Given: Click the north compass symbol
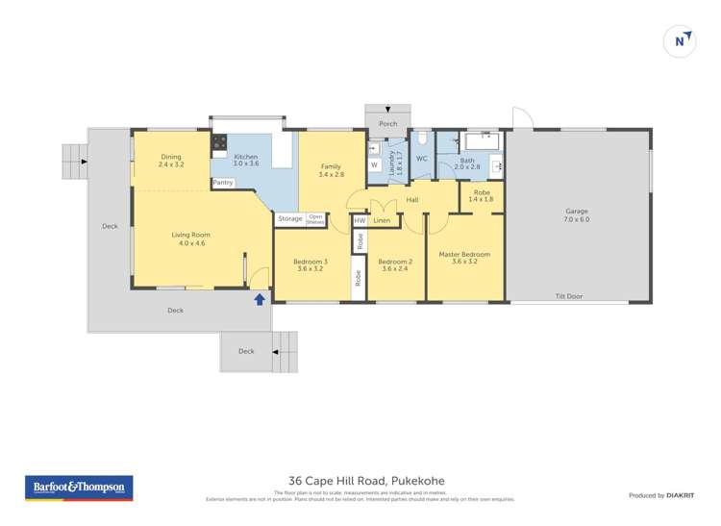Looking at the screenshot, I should click(681, 40).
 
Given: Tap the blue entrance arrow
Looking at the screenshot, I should click(259, 299).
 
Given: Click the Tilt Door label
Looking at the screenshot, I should click(568, 296).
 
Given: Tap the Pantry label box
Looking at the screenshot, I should click(223, 183).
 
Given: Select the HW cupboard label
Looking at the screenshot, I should click(360, 220).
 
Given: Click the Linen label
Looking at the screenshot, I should click(382, 220).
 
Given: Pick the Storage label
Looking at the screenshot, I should click(289, 219).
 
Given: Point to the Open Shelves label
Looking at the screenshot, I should click(315, 219).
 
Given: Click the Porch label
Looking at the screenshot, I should click(387, 124).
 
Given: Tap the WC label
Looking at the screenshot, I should click(421, 159).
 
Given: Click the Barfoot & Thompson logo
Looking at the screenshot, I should click(79, 488).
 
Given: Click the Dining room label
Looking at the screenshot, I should click(170, 161).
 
